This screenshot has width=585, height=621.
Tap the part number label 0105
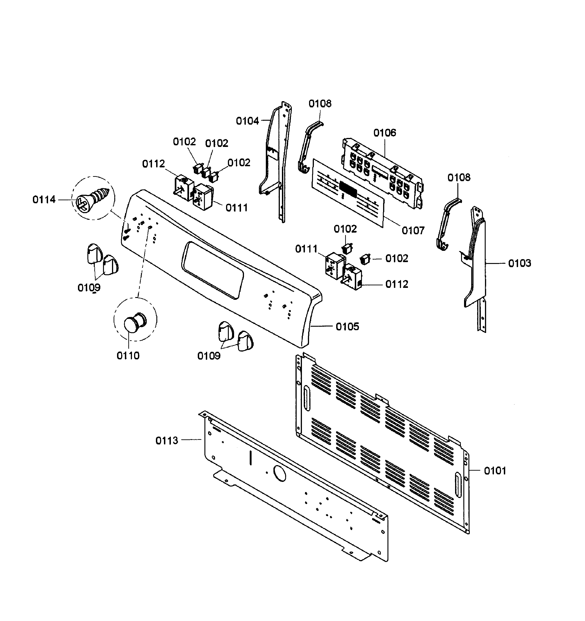coord(347,327)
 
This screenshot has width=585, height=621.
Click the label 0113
coord(166,441)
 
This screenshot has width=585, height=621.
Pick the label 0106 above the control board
coord(384,133)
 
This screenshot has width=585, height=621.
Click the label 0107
coord(413,231)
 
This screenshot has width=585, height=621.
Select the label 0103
coord(519,263)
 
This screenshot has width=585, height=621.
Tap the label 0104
coord(247,121)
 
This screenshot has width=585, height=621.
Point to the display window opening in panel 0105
coord(212,270)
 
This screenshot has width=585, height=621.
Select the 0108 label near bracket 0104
coord(320,104)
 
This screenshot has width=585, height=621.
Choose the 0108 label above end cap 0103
coord(459,178)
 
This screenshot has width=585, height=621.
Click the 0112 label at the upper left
coord(153,164)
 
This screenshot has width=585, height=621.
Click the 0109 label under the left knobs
coord(89,287)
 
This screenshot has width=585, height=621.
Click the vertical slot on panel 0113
coord(250,458)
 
